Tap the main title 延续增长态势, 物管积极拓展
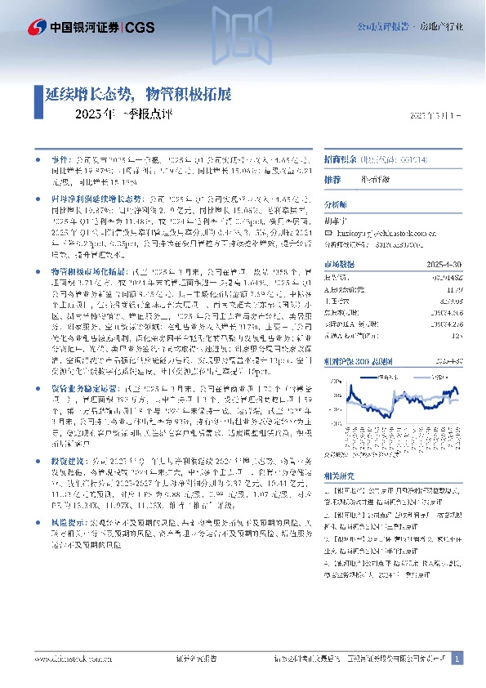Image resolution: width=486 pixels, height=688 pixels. coord(138,94)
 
